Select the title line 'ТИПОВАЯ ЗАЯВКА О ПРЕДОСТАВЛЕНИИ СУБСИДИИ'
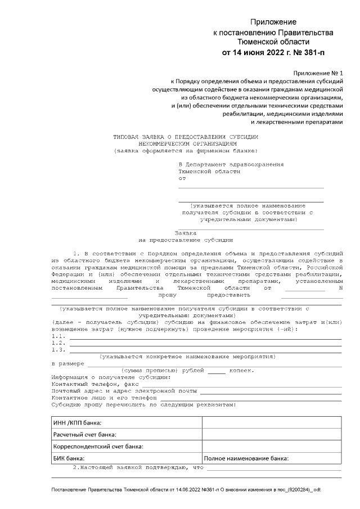tap(186, 137)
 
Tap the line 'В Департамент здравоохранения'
tap(231, 164)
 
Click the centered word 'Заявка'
tap(186, 232)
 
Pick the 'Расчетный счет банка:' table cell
tap(85, 435)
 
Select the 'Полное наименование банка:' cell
tap(246, 458)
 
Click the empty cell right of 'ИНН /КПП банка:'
tap(271, 422)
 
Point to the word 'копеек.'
tap(241, 371)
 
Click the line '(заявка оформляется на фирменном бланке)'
tap(186, 151)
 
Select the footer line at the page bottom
tap(186, 490)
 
